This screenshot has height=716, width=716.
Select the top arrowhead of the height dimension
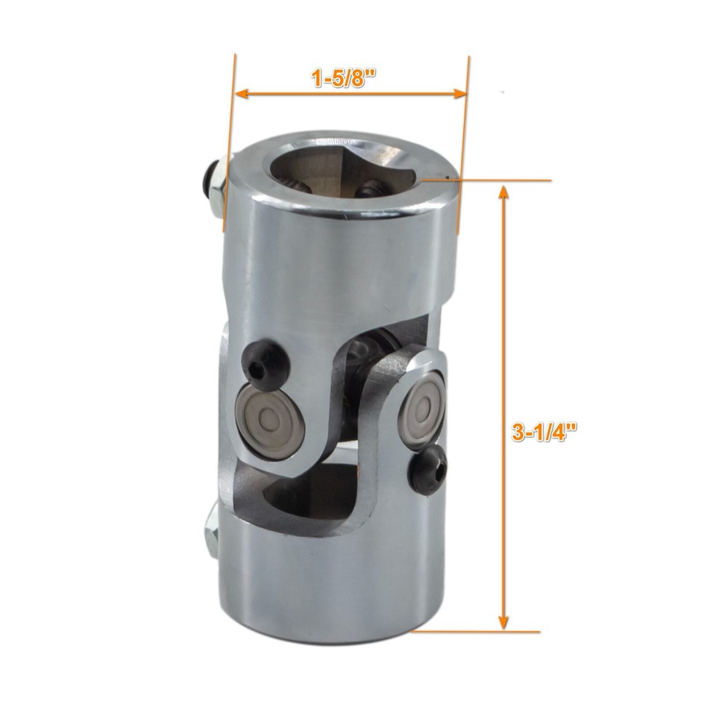(503, 193)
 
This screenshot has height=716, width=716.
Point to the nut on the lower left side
(210, 533)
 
